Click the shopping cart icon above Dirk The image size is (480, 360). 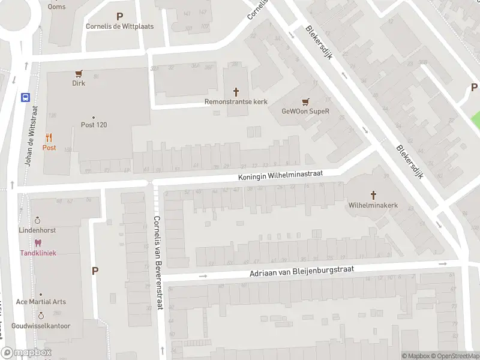click(79, 74)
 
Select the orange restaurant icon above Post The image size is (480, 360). click(49, 137)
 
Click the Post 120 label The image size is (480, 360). click(94, 125)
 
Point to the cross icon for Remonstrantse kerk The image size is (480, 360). click(236, 92)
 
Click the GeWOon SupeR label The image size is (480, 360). click(306, 111)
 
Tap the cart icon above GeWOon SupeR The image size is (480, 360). click(306, 101)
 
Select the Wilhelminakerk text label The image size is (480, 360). click(373, 205)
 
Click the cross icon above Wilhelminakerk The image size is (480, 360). click(373, 195)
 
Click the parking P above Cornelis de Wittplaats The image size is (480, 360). click(119, 17)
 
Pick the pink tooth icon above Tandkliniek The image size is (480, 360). click(38, 243)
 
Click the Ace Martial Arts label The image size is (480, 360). click(41, 302)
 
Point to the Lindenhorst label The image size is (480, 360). click(37, 230)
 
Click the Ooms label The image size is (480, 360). click(58, 7)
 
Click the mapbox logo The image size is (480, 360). click(26, 353)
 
